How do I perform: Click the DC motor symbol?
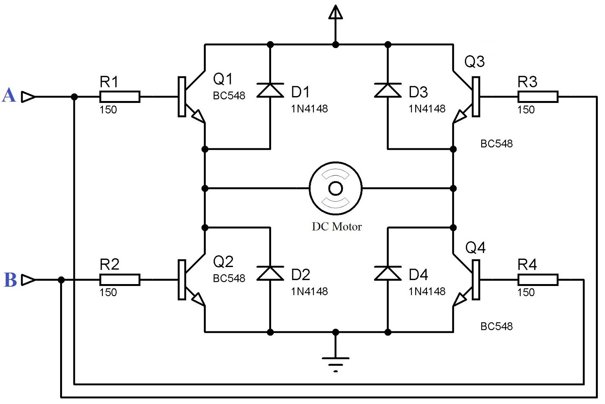coord(335,188)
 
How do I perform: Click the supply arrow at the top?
coord(335,13)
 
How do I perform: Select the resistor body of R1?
coord(120,97)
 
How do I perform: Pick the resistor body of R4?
coord(538,280)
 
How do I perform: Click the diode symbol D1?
coord(270,91)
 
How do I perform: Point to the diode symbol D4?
coord(388,273)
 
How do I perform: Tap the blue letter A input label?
coord(9,95)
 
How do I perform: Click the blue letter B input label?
coord(10,280)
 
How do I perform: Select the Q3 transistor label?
coord(474,62)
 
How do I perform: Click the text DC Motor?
coord(337,227)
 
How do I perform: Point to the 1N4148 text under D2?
coord(309,291)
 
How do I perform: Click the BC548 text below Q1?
coord(229,96)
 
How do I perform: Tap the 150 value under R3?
coord(526,110)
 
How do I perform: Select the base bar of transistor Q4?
coord(476,280)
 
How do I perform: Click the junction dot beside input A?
coord(74,97)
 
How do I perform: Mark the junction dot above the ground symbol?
coord(335,332)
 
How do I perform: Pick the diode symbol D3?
coord(388,91)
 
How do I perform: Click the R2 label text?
coord(109,264)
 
